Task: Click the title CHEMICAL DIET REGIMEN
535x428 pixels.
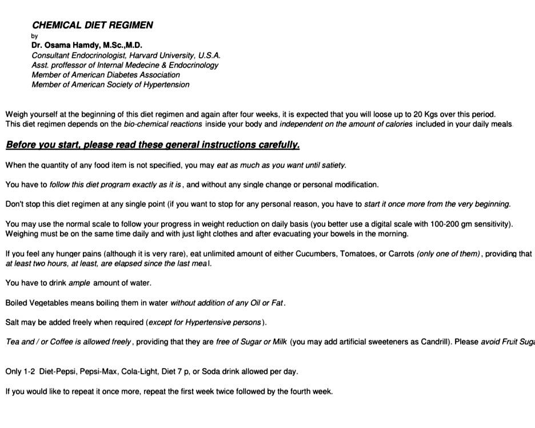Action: tap(93, 25)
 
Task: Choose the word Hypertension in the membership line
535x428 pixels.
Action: tap(166, 85)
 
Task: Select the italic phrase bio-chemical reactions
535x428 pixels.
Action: tap(163, 124)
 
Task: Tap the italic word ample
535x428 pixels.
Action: tap(79, 283)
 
